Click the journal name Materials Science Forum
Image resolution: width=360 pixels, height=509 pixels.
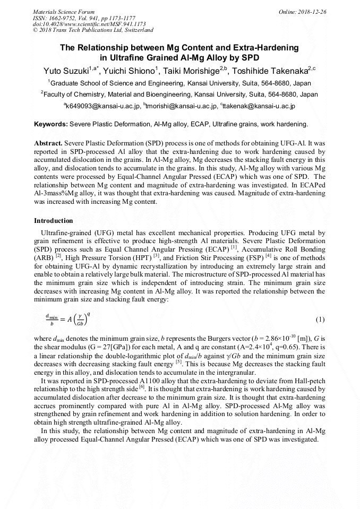coord(64,11)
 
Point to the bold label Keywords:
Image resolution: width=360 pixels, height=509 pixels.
coord(50,124)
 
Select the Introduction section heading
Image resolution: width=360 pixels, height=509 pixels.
coord(54,220)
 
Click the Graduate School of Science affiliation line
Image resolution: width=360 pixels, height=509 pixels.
coord(179,83)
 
